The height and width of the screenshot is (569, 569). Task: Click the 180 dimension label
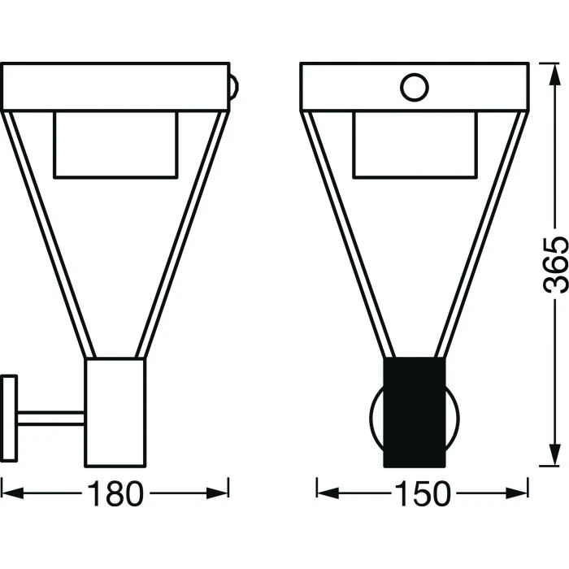coord(115,493)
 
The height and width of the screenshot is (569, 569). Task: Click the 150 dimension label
coord(422,493)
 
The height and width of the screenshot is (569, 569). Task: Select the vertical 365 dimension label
coord(555,264)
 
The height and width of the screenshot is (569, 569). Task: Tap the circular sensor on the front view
coord(415,88)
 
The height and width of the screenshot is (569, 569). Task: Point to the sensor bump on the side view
coord(234,88)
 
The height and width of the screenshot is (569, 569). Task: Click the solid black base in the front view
coord(415,412)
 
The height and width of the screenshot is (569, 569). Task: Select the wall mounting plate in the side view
coord(9,418)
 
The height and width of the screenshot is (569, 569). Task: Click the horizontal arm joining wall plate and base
coord(50,418)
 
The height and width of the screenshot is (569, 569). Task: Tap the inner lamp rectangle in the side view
coord(115,145)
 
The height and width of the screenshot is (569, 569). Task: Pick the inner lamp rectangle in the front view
coord(415,145)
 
